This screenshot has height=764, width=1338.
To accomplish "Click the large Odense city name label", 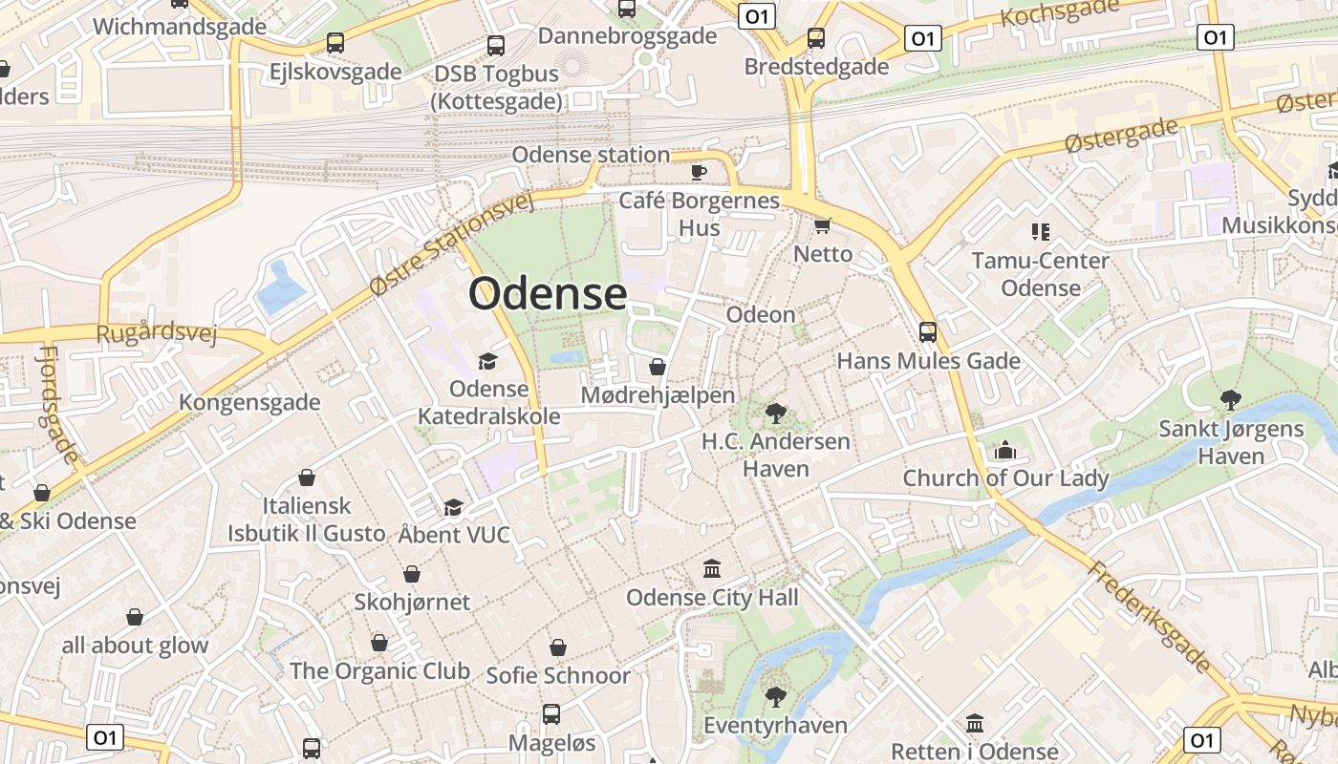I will tap(548, 293).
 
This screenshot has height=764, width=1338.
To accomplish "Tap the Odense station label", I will tap(591, 155).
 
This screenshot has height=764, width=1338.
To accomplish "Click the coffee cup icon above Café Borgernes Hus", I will tap(699, 172).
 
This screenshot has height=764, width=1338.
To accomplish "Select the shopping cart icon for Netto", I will tap(822, 225).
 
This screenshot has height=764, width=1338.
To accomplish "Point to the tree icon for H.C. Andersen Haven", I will tap(775, 414).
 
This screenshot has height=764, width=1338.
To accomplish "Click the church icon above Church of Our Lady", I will tap(1005, 450).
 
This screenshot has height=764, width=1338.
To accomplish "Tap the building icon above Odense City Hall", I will tap(712, 569).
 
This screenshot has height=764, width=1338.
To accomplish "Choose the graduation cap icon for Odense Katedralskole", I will tap(488, 361).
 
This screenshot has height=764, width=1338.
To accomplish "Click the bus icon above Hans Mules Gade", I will tap(928, 332).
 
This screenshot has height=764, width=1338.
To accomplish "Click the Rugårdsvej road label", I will tap(157, 333).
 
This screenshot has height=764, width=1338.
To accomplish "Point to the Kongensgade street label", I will tap(249, 401).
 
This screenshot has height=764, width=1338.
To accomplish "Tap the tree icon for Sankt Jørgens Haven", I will tap(1231, 400).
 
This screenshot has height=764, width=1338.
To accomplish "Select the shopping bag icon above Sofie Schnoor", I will tap(558, 647).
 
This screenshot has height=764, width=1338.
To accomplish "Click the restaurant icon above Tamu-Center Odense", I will tap(1041, 231).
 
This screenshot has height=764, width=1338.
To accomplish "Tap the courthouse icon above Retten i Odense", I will tap(975, 723).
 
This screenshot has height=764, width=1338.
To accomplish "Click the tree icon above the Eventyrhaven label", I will tap(775, 696).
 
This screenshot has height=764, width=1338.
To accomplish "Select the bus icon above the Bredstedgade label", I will tap(816, 38).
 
